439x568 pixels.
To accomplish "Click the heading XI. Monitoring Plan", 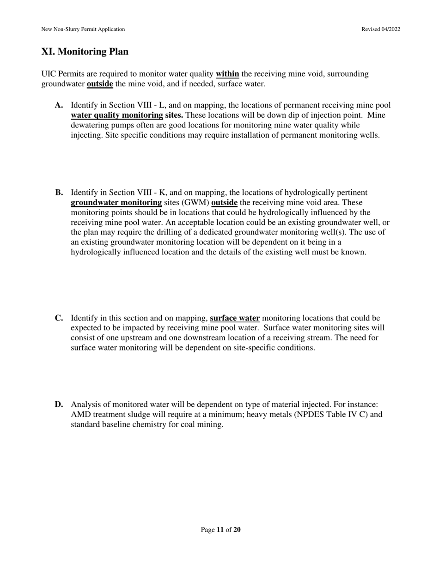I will [x=85, y=52].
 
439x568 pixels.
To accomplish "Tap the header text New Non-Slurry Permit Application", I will [x=83, y=29].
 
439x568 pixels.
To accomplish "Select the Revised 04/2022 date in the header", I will [x=381, y=29].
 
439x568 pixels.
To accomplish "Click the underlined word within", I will [x=227, y=74].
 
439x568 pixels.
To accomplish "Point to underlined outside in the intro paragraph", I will [x=100, y=84].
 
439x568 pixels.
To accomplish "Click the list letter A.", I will [x=59, y=105].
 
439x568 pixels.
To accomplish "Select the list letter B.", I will [x=59, y=193].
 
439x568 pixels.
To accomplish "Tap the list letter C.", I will [x=59, y=318].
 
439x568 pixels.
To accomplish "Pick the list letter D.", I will [x=59, y=405].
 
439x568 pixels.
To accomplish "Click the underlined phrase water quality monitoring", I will [x=116, y=115].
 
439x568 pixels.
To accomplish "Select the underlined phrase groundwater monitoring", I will [x=116, y=203].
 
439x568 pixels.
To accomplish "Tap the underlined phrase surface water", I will [x=235, y=318].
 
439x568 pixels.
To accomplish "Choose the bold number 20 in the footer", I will [x=237, y=530].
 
